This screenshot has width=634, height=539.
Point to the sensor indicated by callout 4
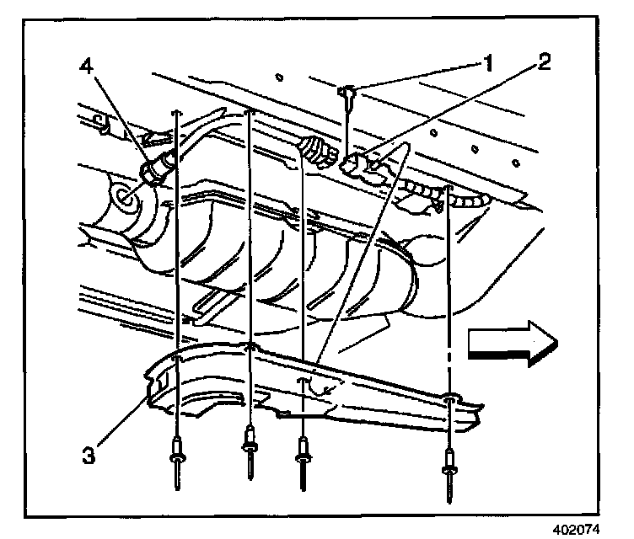pyautogui.click(x=157, y=168)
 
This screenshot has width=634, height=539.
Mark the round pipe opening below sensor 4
pyautogui.click(x=127, y=199)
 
